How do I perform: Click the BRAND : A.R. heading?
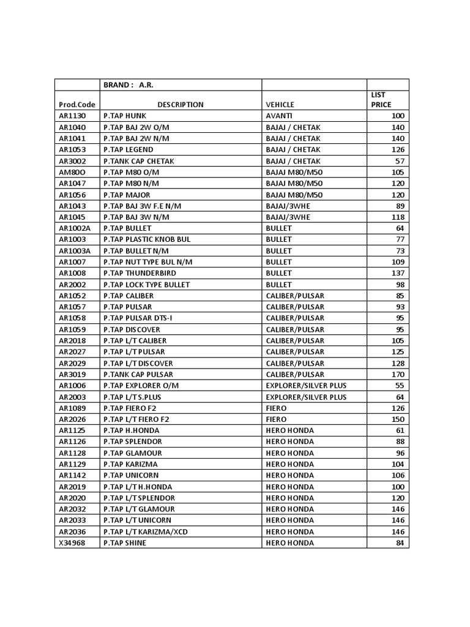pos(128,85)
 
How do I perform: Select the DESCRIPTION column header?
pos(180,105)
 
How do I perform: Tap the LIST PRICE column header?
pos(381,100)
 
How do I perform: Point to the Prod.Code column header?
pos(77,105)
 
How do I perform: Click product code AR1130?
pos(72,116)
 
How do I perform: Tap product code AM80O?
pos(72,172)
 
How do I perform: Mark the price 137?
pos(398,273)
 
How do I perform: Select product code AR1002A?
pos(75,228)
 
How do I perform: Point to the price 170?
pos(398,374)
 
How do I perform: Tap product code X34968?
pos(72,543)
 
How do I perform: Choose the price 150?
pos(398,419)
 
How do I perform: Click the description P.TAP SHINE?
pos(125,543)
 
